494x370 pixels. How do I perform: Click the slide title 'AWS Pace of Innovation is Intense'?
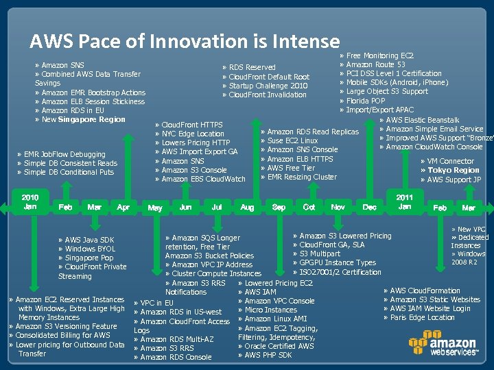pos(185,42)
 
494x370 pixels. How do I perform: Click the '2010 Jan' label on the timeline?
pos(30,201)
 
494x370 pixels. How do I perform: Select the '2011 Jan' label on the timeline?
pos(405,201)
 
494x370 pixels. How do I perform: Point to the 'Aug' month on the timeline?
pos(248,207)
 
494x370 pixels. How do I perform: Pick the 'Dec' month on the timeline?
pos(369,207)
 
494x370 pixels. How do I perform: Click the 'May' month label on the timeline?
pos(155,208)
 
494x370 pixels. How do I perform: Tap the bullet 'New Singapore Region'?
pos(83,120)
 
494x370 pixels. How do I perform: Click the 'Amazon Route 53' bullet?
pos(375,64)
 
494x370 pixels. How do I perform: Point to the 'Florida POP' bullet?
pos(366,101)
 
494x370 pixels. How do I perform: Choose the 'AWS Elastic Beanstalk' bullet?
pos(423,120)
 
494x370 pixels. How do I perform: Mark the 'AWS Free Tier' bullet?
pos(291,168)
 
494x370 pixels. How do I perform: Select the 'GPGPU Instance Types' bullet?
pos(338,262)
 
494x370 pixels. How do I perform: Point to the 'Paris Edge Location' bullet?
pos(422,317)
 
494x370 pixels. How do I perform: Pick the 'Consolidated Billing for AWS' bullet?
pos(62,336)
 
